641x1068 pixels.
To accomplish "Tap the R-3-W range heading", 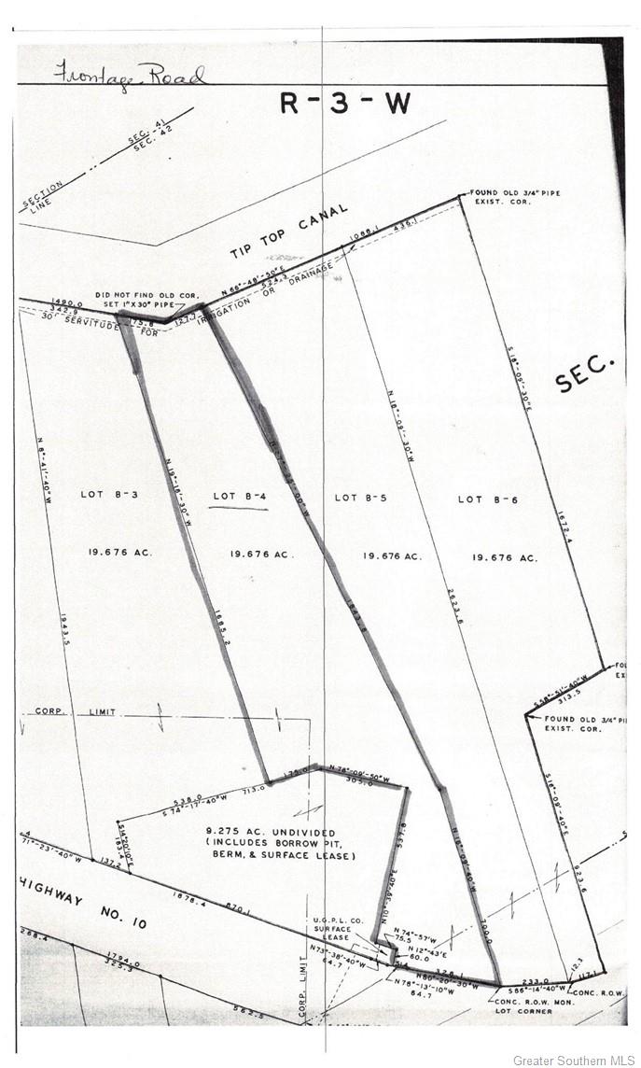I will pos(345,103).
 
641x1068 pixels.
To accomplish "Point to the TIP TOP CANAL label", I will pos(288,232).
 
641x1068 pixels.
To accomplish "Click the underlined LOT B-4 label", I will pos(240,497).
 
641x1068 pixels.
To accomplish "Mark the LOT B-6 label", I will pos(487,499).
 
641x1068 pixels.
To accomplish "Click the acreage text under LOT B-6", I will pos(505,557).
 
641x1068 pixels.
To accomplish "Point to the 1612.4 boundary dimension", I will pos(565,573).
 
